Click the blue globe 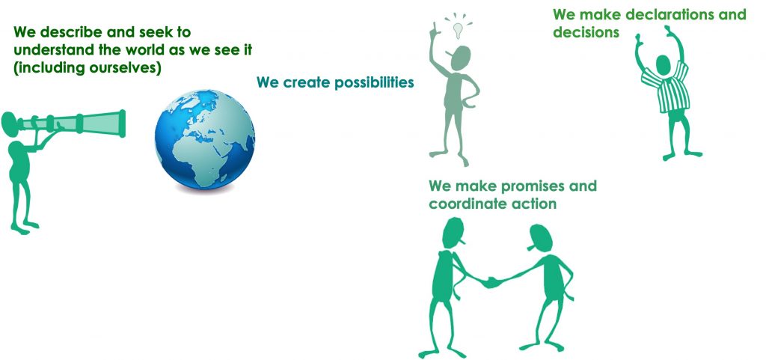205,139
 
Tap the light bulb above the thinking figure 458,30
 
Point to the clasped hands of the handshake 492,282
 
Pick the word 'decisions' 586,32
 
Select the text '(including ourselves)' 87,68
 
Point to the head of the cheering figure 663,65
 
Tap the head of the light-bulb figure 460,58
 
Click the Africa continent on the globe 204,150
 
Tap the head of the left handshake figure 453,233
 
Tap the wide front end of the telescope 122,123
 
